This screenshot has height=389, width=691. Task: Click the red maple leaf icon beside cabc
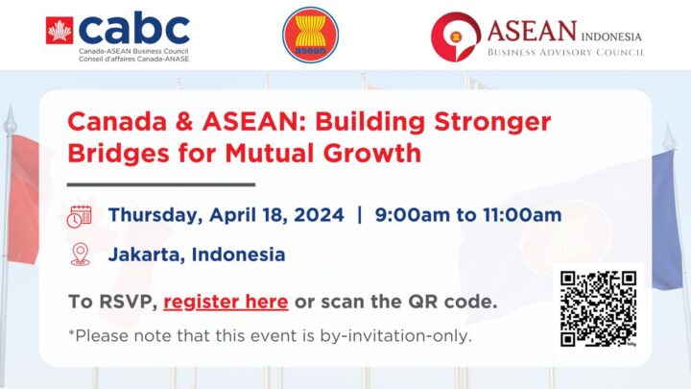[x=60, y=31]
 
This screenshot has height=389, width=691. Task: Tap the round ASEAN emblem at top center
[x=311, y=35]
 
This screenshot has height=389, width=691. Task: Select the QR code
[x=598, y=308]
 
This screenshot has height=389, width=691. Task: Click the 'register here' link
[x=226, y=303]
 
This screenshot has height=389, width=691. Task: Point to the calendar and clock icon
[x=79, y=216]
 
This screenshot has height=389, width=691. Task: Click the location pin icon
[x=81, y=255]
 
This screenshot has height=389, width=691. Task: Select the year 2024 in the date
[x=319, y=215]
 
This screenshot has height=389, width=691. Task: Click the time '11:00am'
[x=522, y=215]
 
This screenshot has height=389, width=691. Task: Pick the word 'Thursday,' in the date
[x=155, y=216]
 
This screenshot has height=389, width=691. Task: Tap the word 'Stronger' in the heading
[x=492, y=122]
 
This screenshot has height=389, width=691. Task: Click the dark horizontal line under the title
[x=161, y=184]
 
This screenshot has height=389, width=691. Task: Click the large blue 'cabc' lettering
[x=134, y=29]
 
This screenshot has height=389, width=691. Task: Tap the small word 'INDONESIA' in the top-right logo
[x=611, y=36]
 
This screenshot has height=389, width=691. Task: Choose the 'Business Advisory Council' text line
[x=566, y=53]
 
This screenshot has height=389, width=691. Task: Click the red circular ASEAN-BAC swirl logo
[x=455, y=36]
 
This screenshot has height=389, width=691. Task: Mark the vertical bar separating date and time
[x=360, y=215]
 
